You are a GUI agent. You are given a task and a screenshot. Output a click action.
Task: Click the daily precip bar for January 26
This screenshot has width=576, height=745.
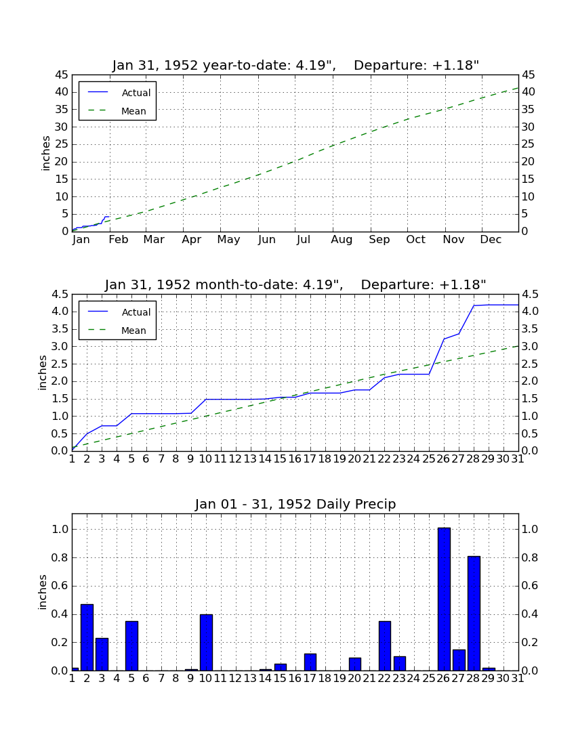[444, 599]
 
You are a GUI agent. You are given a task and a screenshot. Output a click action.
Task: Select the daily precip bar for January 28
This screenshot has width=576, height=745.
[474, 614]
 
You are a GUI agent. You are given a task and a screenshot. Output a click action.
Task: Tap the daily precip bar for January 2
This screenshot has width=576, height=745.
[87, 637]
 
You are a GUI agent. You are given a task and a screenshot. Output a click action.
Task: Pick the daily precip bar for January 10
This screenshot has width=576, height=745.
[206, 642]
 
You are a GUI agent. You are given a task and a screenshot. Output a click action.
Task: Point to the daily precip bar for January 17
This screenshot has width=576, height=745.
[310, 662]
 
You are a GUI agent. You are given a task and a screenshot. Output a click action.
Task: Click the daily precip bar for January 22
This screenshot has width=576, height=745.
[385, 646]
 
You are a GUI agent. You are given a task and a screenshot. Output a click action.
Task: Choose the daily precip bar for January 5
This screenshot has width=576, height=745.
[131, 646]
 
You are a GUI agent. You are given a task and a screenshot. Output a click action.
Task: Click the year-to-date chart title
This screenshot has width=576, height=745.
[295, 65]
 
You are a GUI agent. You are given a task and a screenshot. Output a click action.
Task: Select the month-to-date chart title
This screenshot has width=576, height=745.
[295, 284]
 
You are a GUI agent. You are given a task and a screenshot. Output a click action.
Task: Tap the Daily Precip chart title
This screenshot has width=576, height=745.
[295, 504]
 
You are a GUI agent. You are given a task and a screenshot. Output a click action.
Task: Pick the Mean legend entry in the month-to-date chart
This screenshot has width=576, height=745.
[117, 331]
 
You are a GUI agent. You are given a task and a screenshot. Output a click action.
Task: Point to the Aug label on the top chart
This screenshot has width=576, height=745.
[342, 240]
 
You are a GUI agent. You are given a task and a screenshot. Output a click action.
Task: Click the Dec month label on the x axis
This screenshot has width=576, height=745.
[491, 240]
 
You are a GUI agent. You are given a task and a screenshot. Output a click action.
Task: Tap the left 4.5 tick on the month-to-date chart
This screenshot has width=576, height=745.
[59, 295]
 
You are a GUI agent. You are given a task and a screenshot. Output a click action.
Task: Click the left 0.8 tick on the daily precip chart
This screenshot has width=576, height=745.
[59, 557]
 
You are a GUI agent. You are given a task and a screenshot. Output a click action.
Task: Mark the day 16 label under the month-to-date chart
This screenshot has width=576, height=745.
[295, 459]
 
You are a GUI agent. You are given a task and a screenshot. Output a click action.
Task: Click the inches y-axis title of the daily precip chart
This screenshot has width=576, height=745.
[43, 592]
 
